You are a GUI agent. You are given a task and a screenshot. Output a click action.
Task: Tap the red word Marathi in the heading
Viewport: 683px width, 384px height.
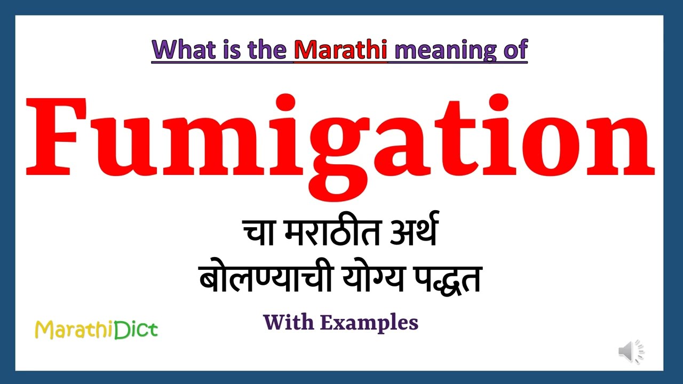click(340, 50)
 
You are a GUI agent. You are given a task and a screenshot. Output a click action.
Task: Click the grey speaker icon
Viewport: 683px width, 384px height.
click(631, 352)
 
